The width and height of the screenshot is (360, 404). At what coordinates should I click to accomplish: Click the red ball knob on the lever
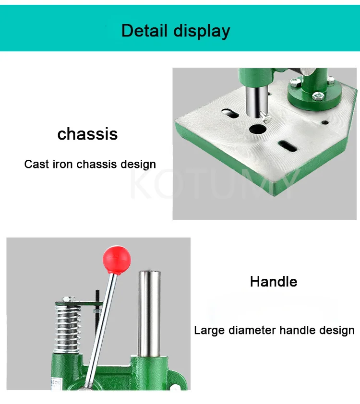[117, 260]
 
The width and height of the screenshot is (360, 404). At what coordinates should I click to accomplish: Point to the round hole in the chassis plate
[258, 129]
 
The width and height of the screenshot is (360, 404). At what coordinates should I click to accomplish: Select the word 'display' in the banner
[202, 31]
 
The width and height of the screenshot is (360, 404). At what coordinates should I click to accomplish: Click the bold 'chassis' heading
[87, 134]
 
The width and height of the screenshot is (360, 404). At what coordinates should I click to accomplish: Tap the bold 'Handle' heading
[273, 281]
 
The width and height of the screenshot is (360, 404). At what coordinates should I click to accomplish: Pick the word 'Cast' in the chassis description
[36, 164]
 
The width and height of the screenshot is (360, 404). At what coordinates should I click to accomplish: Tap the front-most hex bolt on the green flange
[317, 96]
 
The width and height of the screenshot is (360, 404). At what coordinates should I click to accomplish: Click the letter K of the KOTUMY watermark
[141, 185]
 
